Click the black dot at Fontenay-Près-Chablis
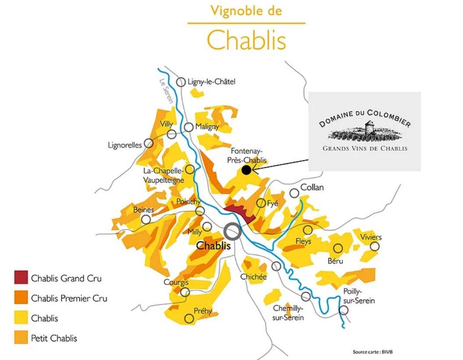pyautogui.click(x=246, y=170)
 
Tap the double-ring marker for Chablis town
pyautogui.click(x=232, y=231)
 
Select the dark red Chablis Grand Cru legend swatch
pyautogui.click(x=21, y=278)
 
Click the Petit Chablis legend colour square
pyautogui.click(x=21, y=338)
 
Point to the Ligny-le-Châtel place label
pyautogui.click(x=211, y=82)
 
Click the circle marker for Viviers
pyautogui.click(x=374, y=246)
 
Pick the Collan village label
pyautogui.click(x=312, y=188)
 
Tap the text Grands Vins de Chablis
pyautogui.click(x=365, y=148)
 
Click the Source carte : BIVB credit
pyautogui.click(x=371, y=352)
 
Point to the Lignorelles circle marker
pyautogui.click(x=149, y=143)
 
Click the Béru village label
pyautogui.click(x=335, y=261)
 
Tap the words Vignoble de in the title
pyautogui.click(x=246, y=11)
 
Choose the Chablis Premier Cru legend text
pyautogui.click(x=69, y=299)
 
